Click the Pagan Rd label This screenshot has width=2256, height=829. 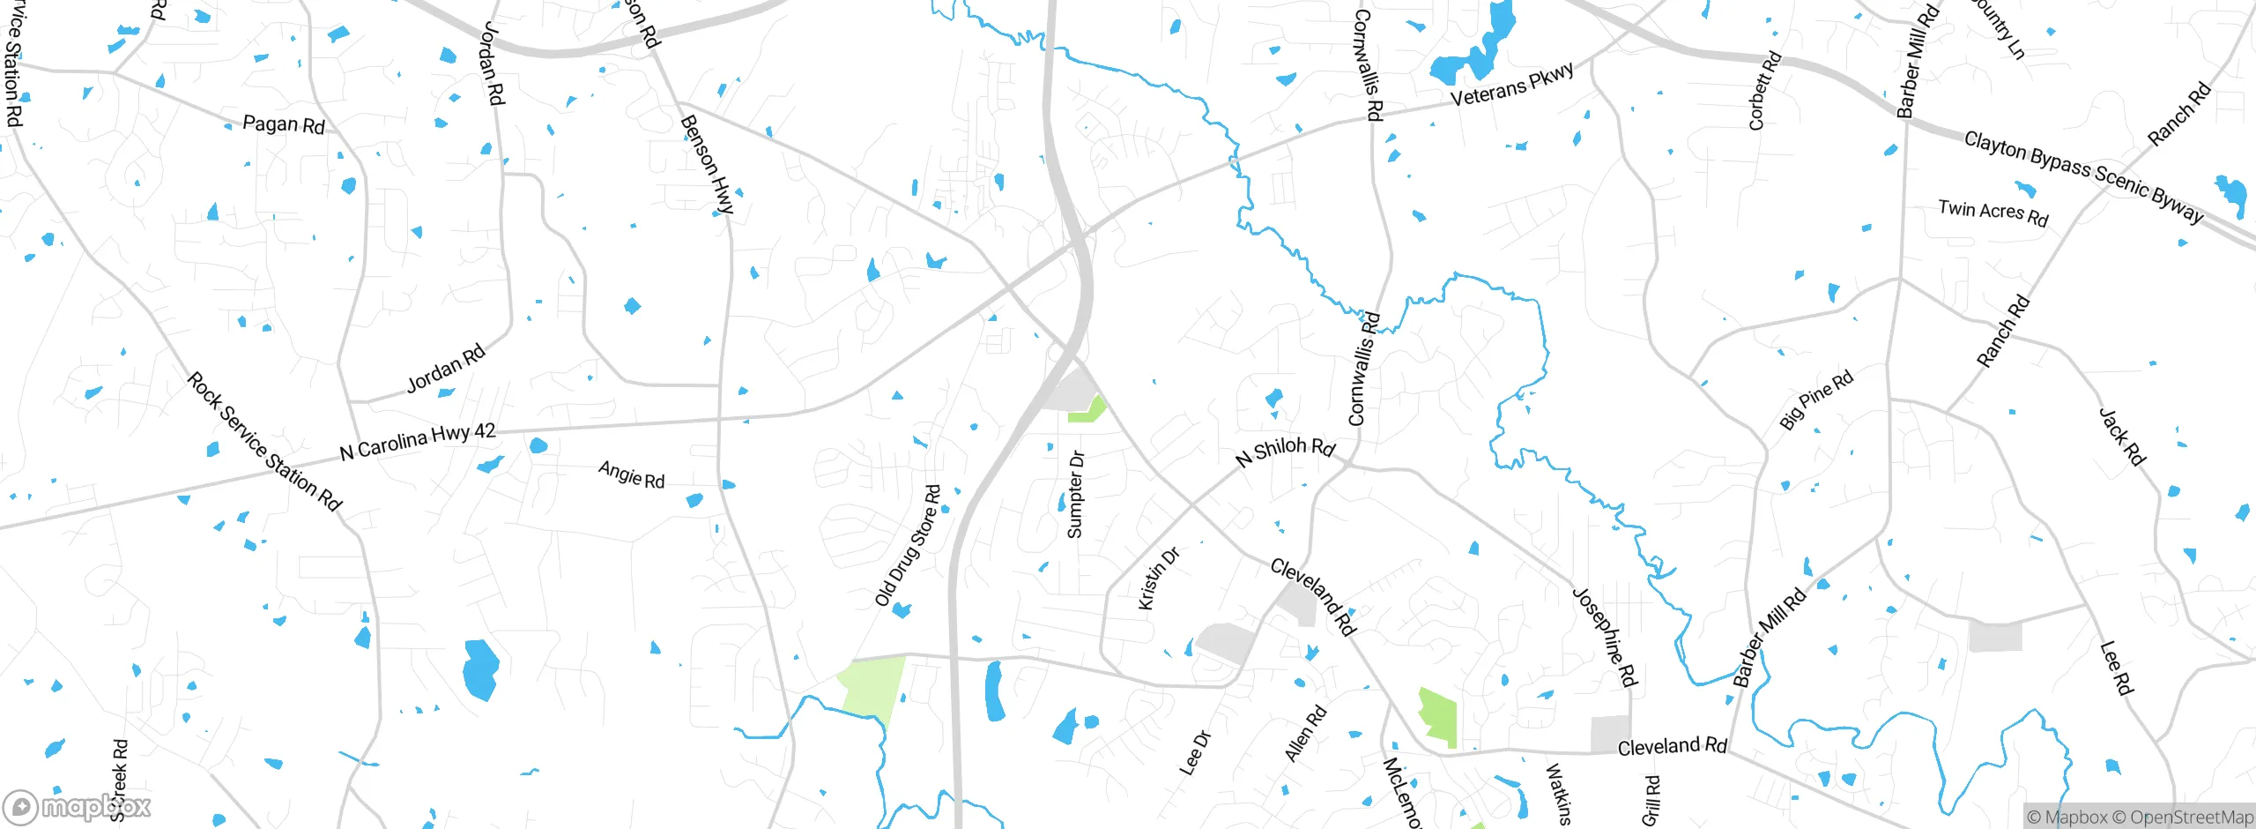tap(283, 124)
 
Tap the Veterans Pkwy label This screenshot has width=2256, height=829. tap(1512, 86)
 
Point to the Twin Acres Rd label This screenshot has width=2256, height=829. tap(1993, 213)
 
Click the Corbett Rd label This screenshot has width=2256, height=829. tap(1764, 92)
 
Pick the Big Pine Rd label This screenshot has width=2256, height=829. tap(1816, 400)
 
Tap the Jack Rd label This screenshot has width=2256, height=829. tap(2121, 436)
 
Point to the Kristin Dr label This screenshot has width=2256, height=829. tap(1158, 579)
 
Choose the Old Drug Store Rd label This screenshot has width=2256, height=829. tap(908, 546)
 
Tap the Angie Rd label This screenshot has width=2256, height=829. tap(631, 474)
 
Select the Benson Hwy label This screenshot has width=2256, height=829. tap(707, 165)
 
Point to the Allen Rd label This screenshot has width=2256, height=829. tap(1305, 733)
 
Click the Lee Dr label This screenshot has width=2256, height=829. tap(1195, 753)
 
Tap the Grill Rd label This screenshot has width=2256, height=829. tap(1651, 800)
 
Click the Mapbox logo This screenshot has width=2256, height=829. tap(77, 806)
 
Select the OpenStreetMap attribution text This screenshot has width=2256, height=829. tap(2191, 818)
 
